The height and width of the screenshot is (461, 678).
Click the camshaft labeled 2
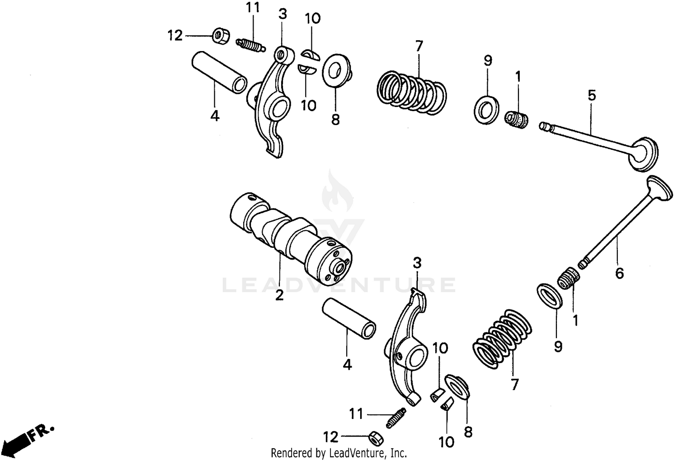[x=289, y=239]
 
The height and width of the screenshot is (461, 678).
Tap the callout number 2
[x=279, y=296]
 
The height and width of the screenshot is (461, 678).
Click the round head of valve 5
[x=645, y=154]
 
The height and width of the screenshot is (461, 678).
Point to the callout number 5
[x=592, y=95]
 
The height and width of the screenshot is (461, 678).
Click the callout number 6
[x=619, y=273]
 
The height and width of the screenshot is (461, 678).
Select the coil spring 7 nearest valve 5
[x=411, y=90]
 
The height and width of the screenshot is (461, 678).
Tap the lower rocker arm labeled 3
[x=407, y=348]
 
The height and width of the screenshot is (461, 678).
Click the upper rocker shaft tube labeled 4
[x=220, y=72]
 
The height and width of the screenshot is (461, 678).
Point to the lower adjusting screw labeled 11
[x=396, y=418]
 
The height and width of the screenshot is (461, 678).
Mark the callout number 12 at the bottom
[x=330, y=437]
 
